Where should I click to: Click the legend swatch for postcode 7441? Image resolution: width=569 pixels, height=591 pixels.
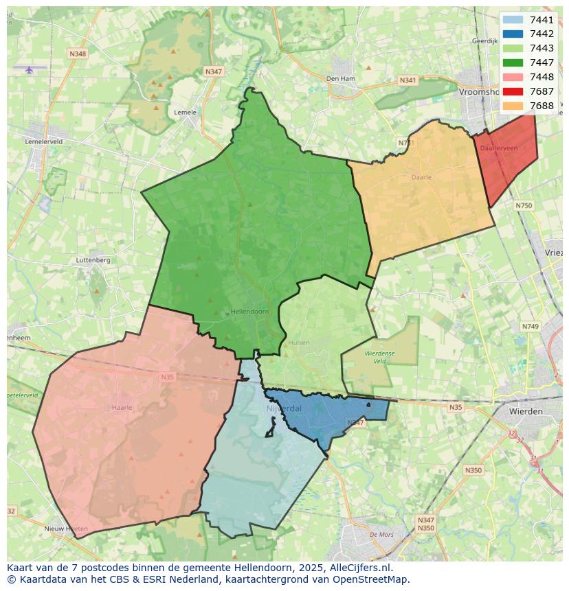click(x=513, y=20)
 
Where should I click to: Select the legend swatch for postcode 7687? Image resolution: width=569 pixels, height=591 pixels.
click(x=513, y=91)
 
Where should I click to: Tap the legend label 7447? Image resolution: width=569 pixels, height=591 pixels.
click(x=542, y=62)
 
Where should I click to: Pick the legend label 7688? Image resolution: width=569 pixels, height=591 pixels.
click(x=542, y=106)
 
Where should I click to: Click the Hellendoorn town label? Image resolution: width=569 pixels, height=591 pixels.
click(x=249, y=312)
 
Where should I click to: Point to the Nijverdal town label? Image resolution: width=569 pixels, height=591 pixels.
click(x=283, y=408)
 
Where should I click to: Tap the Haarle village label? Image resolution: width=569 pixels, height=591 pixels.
click(x=122, y=407)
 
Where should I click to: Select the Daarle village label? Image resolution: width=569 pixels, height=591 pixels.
click(x=421, y=177)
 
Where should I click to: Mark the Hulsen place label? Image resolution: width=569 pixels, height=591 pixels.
click(x=300, y=343)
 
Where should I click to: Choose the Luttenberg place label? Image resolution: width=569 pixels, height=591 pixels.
click(x=93, y=260)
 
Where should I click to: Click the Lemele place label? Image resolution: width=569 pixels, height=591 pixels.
click(x=186, y=113)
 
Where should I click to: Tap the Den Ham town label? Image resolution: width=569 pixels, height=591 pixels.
click(x=341, y=79)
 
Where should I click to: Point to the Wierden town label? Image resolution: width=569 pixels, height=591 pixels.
click(x=526, y=411)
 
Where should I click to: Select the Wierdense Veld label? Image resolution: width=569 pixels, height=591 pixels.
click(x=379, y=356)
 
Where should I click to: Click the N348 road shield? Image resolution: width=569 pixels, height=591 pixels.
click(x=78, y=54)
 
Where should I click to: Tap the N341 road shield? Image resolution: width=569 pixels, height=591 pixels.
click(x=408, y=80)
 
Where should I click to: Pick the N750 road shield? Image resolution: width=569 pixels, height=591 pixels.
click(x=524, y=205)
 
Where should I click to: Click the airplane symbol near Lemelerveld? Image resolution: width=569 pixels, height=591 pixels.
click(x=29, y=69)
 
